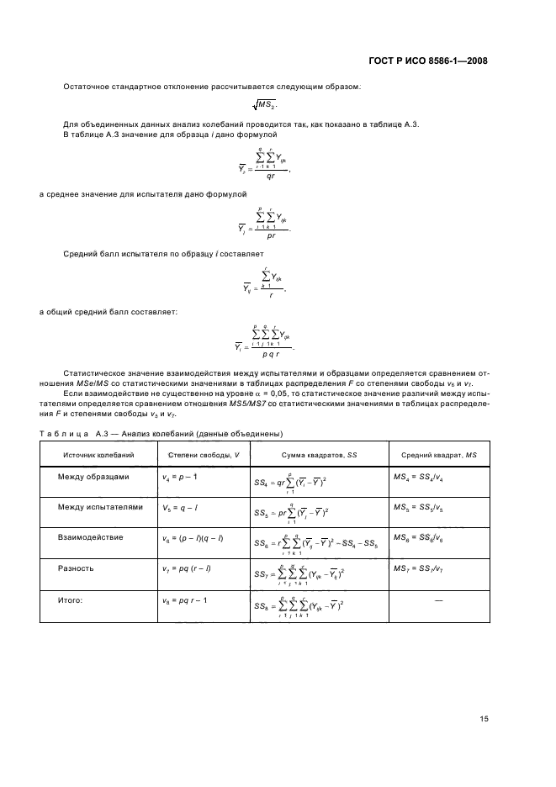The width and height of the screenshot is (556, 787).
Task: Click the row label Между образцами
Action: (x=93, y=477)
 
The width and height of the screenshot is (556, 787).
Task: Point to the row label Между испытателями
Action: (x=98, y=507)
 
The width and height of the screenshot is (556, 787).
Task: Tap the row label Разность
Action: (x=75, y=568)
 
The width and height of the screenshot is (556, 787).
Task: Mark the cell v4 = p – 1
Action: (x=179, y=478)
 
